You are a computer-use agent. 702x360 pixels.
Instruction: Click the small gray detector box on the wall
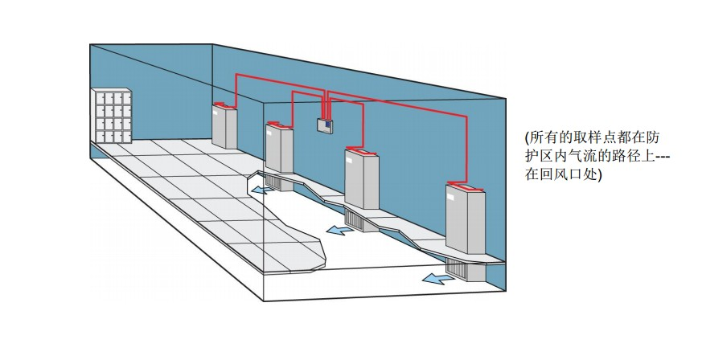pyautogui.click(x=325, y=125)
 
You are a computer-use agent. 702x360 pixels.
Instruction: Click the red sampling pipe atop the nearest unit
pyautogui.click(x=467, y=187)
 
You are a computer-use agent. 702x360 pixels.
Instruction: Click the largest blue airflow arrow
pyautogui.click(x=438, y=279)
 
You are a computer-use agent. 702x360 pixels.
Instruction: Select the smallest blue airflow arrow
pyautogui.click(x=261, y=190)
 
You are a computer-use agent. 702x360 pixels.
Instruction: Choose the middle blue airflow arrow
pyautogui.click(x=338, y=231)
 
